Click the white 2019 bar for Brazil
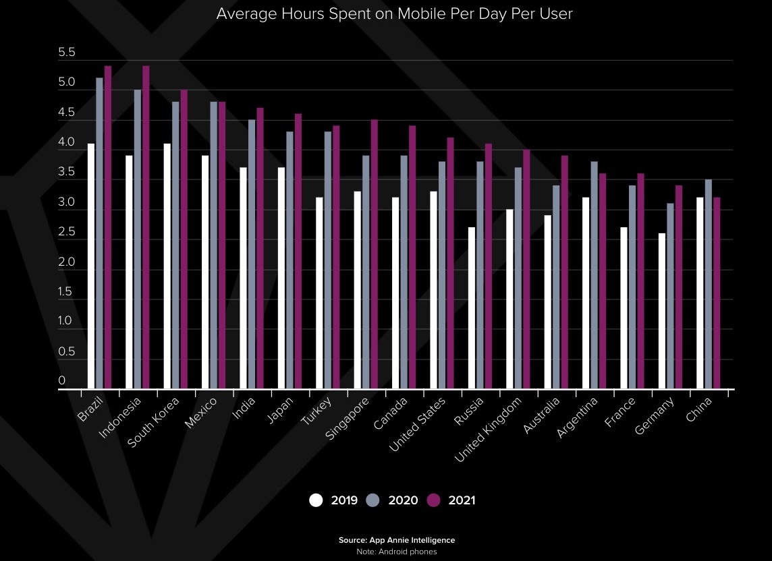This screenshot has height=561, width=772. coord(91,266)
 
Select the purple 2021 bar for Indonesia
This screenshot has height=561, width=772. coord(146,227)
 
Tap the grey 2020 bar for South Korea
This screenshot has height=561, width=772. coord(175,245)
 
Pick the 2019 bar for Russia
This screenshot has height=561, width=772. coord(471,308)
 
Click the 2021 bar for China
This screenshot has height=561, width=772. coord(717,293)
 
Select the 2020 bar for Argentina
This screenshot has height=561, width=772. coord(594,275)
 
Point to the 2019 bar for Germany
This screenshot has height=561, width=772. coord(662,311)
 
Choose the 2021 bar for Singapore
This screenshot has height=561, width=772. coord(375,254)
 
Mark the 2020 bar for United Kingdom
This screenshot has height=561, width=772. coord(518,278)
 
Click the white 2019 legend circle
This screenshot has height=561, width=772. coord(316,500)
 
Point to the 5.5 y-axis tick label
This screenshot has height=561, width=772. coord(67,53)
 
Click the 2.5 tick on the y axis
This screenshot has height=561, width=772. coord(67,233)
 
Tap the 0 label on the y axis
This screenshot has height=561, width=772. coord(62,381)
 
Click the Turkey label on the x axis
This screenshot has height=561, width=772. coord(316,411)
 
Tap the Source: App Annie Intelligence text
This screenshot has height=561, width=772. coord(397,540)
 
